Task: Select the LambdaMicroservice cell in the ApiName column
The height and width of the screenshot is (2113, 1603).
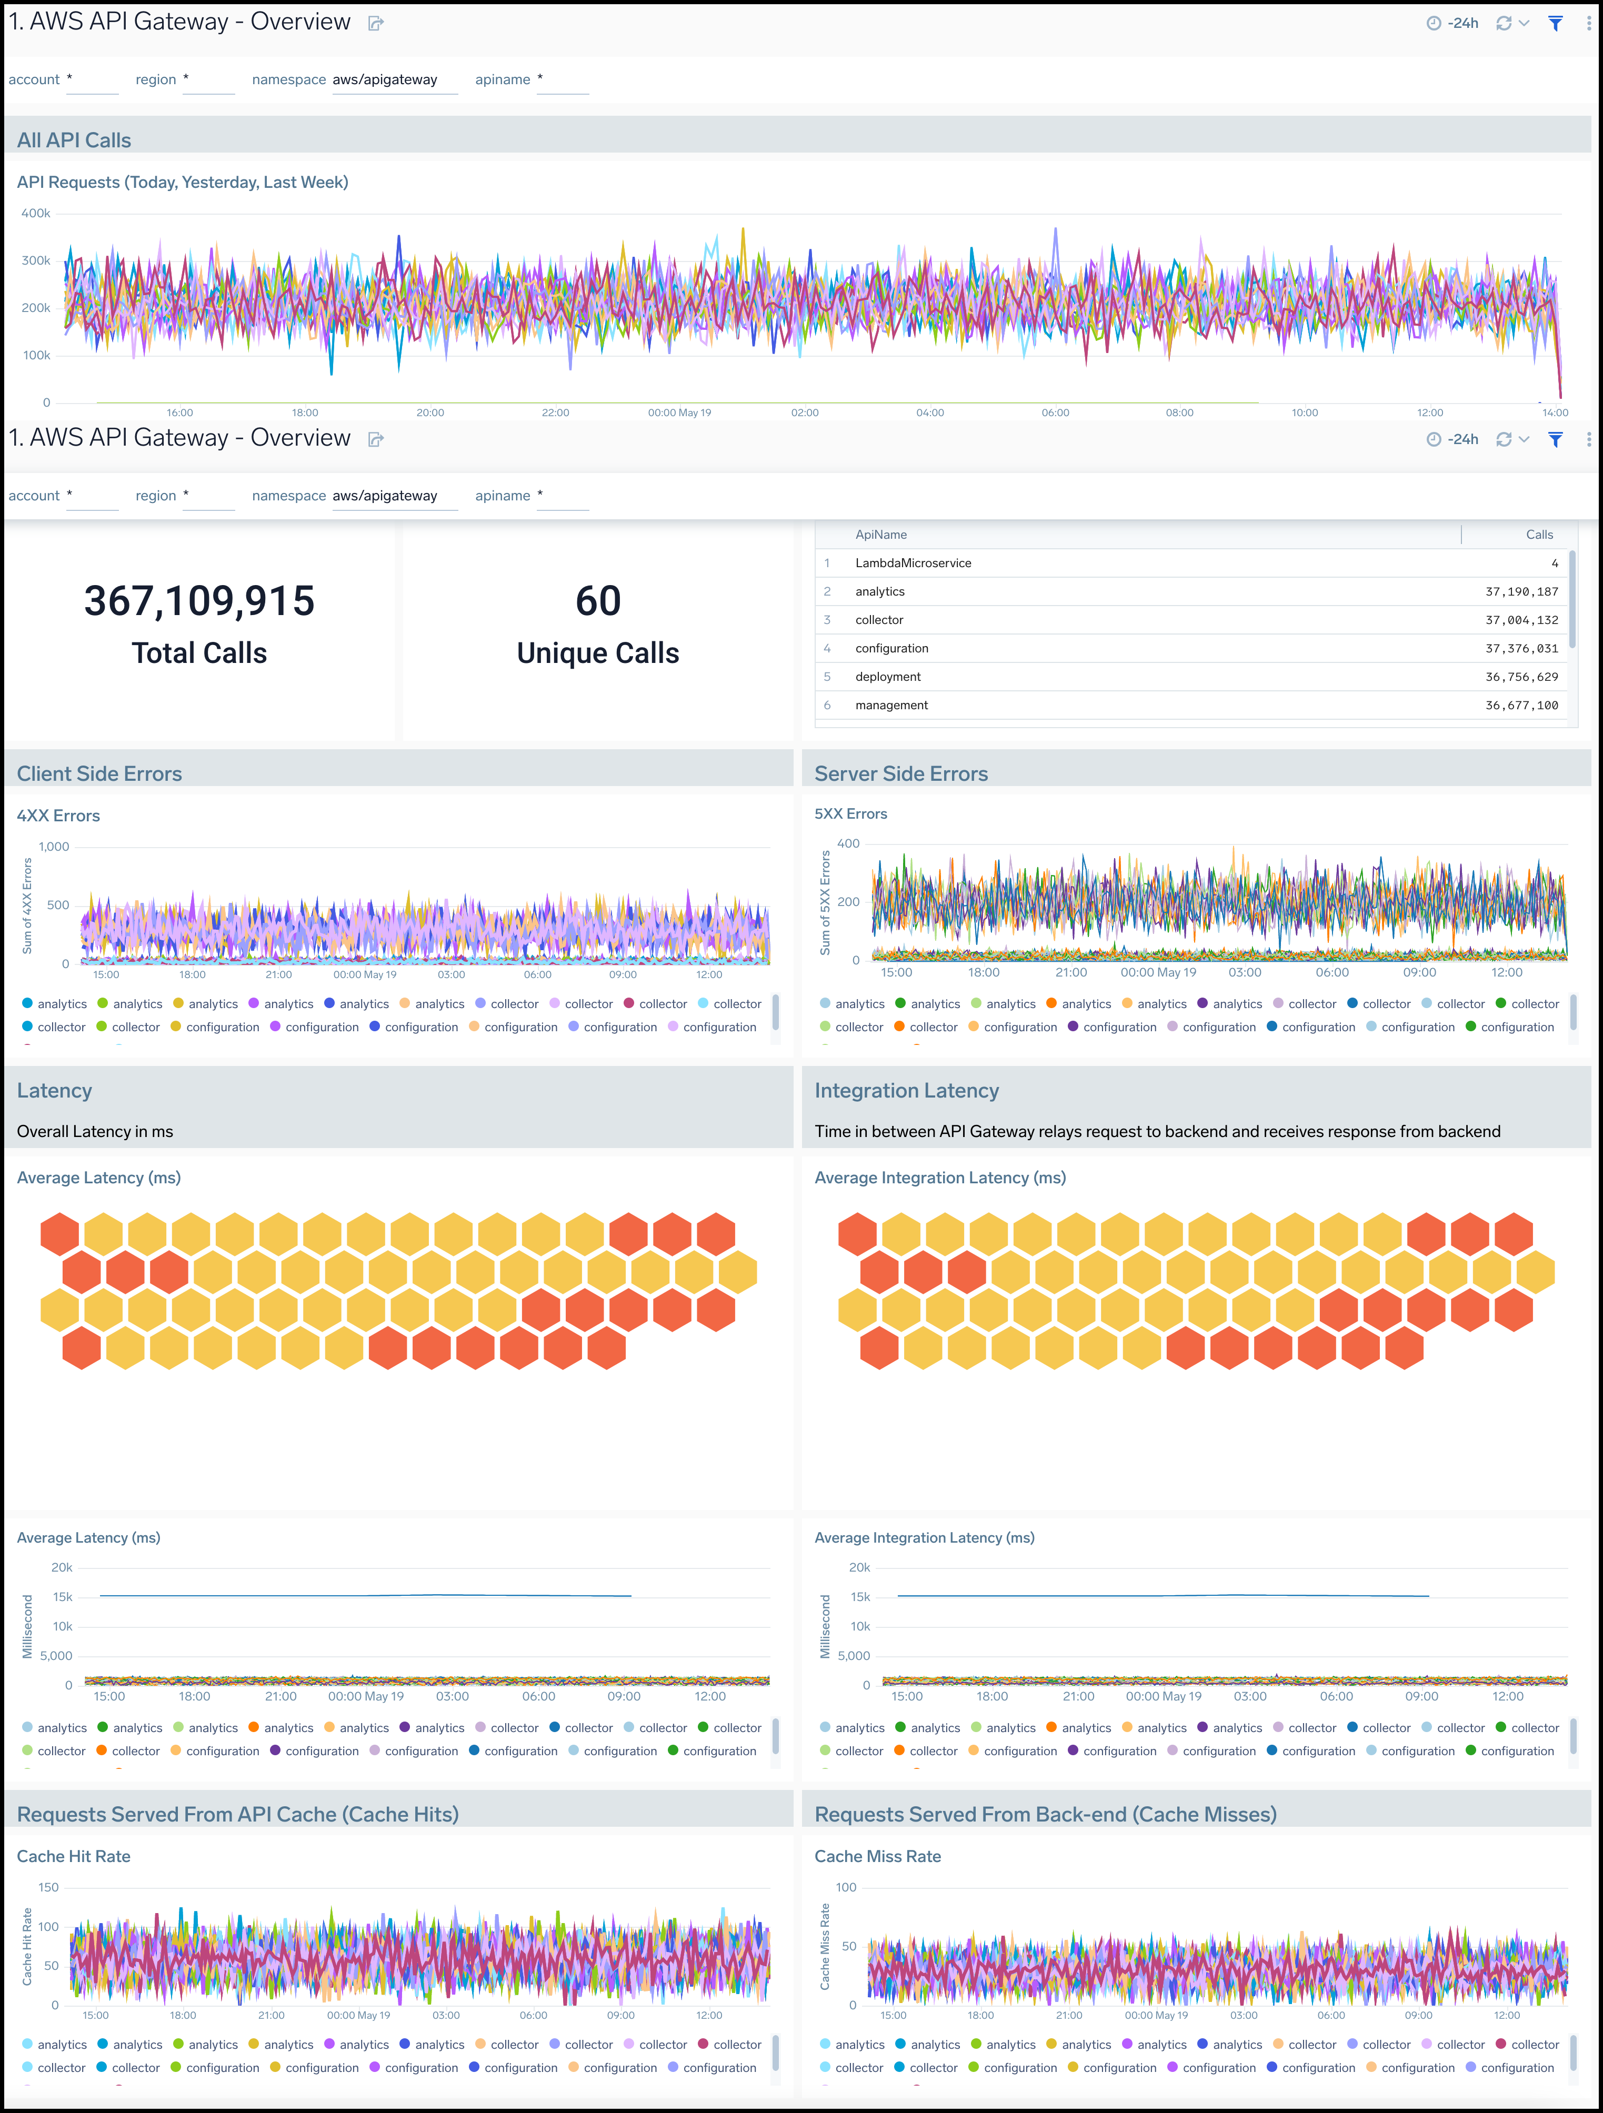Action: [913, 562]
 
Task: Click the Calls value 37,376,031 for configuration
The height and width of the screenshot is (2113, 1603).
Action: [1521, 648]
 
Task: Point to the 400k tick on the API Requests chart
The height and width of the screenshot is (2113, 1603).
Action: [36, 213]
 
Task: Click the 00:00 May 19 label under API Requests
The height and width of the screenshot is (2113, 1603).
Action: [679, 412]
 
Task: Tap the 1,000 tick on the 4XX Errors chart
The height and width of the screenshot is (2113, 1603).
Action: [54, 847]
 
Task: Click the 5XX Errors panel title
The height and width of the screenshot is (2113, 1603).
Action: [850, 814]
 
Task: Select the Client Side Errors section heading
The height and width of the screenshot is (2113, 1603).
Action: [99, 774]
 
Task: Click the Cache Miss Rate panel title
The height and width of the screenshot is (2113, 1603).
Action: [877, 1856]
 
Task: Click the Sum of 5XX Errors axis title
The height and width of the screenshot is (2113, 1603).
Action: [825, 903]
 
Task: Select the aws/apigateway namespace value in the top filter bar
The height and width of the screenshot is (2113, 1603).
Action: [385, 79]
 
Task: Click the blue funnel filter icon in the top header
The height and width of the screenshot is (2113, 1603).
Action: [1555, 23]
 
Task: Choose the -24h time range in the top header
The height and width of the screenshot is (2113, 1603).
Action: [1453, 23]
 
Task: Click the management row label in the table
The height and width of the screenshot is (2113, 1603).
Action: [891, 705]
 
